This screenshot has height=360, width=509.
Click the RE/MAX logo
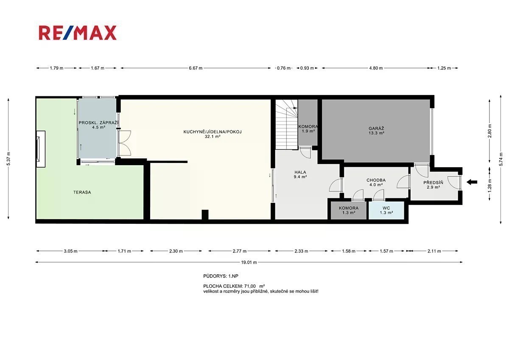pyautogui.click(x=78, y=33)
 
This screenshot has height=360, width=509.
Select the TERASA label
pyautogui.click(x=82, y=192)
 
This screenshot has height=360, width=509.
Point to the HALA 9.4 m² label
pyautogui.click(x=300, y=174)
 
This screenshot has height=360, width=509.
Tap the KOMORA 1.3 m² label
pyautogui.click(x=349, y=211)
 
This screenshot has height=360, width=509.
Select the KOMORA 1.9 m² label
pyautogui.click(x=308, y=129)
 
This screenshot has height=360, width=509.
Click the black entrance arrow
pyautogui.click(x=472, y=182)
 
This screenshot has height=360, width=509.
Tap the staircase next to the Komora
pyautogui.click(x=287, y=125)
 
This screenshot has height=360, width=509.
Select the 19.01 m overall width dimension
pyautogui.click(x=249, y=262)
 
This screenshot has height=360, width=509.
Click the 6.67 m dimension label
pyautogui.click(x=196, y=68)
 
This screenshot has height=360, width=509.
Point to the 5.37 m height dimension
pyautogui.click(x=8, y=158)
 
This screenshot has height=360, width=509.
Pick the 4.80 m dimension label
pyautogui.click(x=376, y=68)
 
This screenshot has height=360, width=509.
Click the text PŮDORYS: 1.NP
pyautogui.click(x=221, y=276)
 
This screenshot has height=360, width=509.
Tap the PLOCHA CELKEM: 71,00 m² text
pyautogui.click(x=234, y=286)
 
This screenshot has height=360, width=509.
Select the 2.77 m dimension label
pyautogui.click(x=240, y=251)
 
